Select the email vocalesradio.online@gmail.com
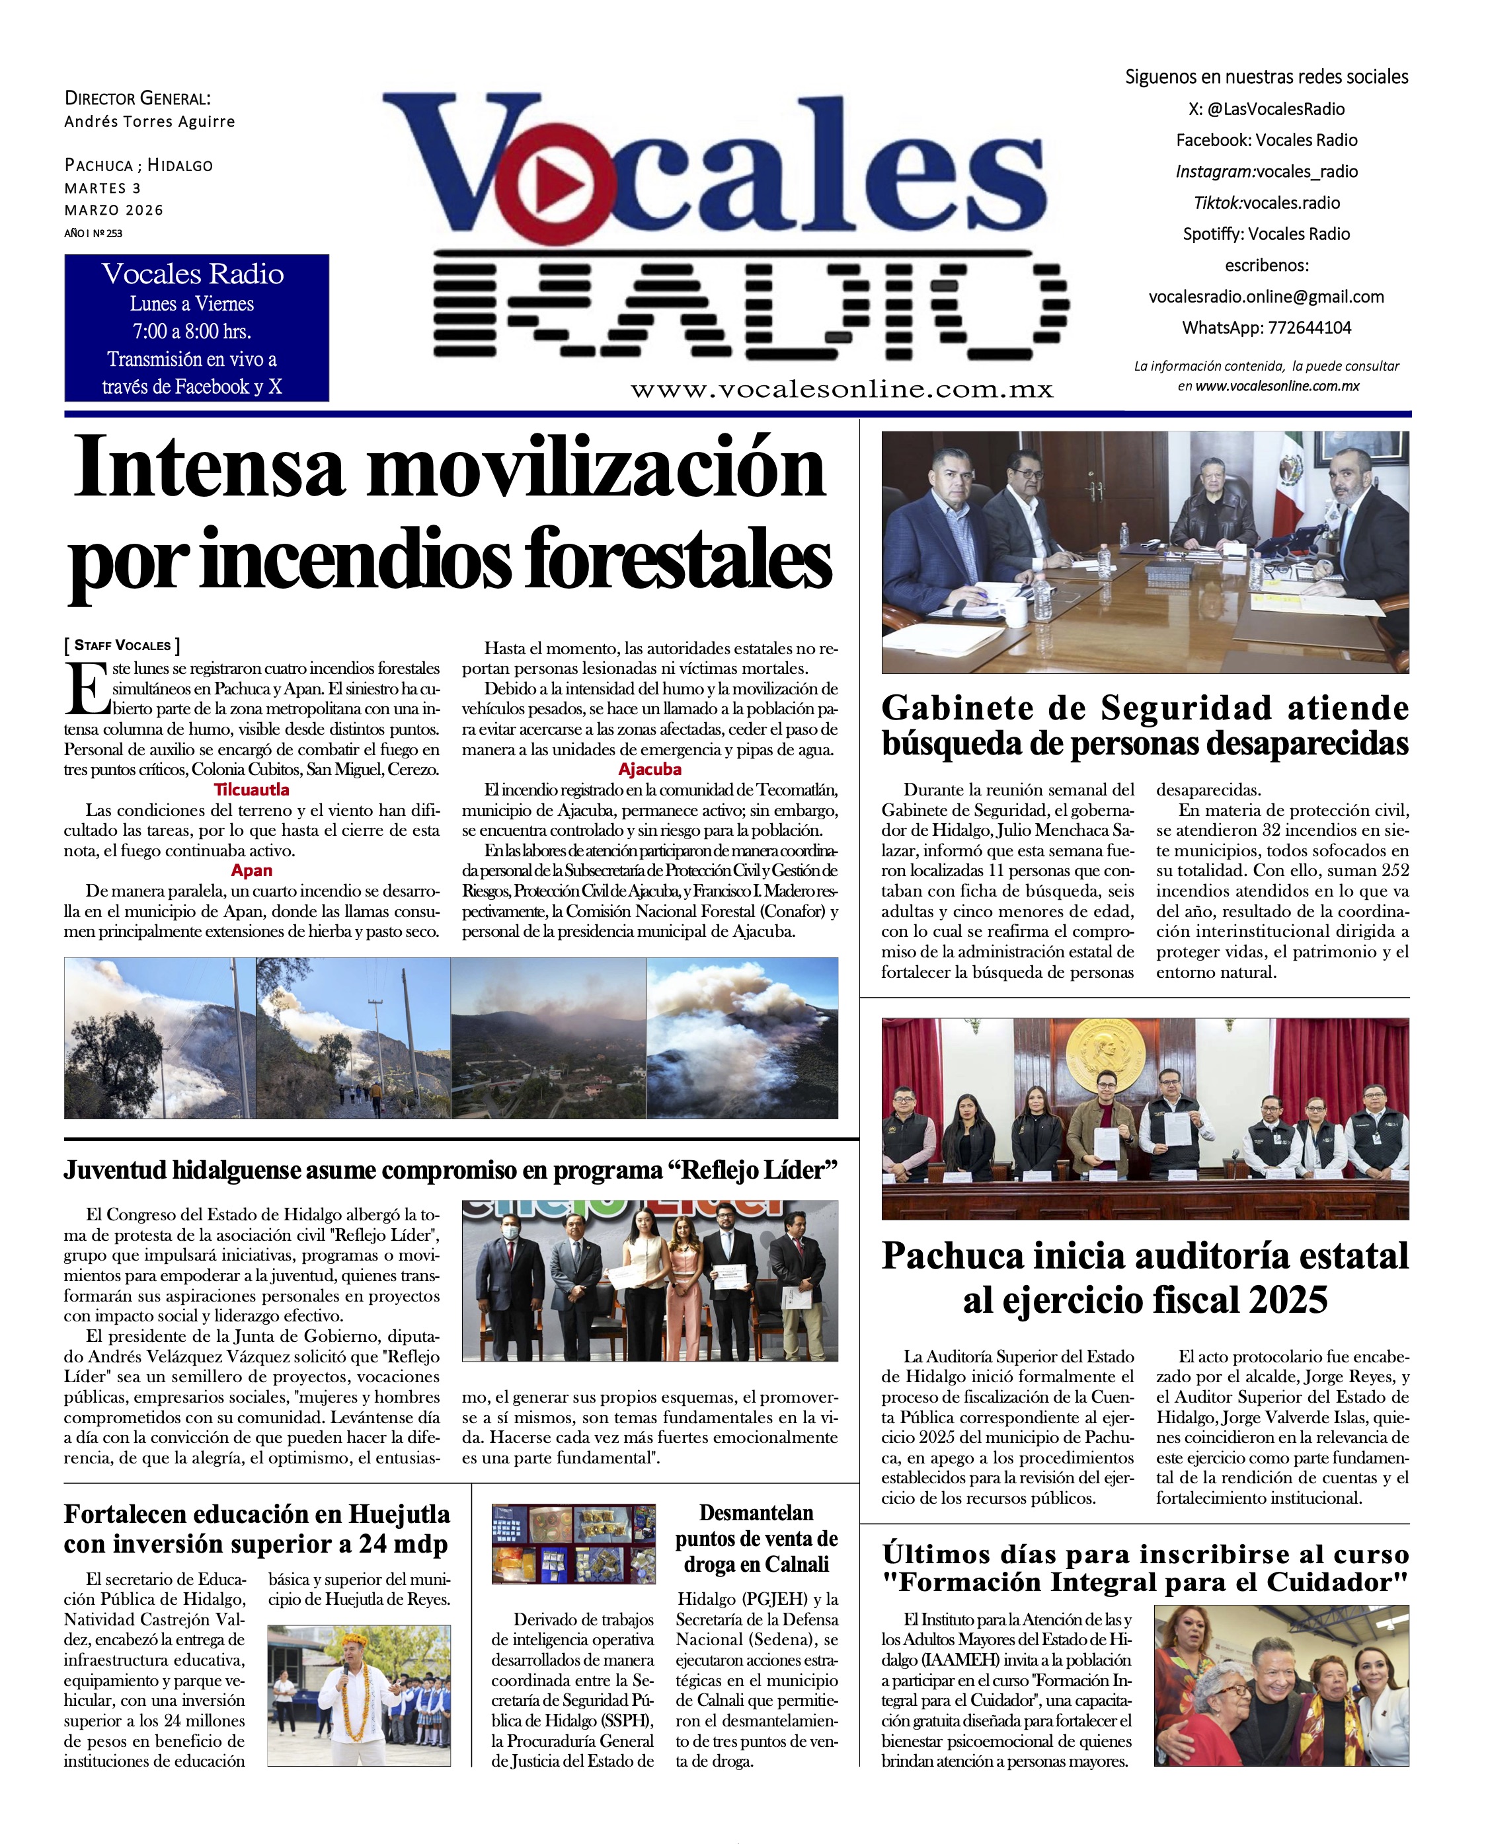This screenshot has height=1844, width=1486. coord(1266,297)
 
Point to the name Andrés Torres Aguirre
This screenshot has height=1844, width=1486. coord(150,122)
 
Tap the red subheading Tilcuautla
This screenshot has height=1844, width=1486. coord(252,790)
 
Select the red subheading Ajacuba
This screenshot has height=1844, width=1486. coord(650,769)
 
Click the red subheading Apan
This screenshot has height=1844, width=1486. coord(252,870)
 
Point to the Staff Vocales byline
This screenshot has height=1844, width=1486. coord(122,645)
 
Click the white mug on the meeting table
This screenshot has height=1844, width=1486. coord(1013,612)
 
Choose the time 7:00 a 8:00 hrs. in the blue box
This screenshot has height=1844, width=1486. coord(192,331)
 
